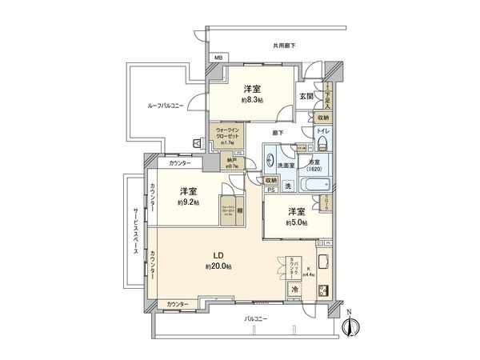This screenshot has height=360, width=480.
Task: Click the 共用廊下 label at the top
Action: [283, 46]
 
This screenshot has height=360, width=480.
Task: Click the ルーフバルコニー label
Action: [165, 105]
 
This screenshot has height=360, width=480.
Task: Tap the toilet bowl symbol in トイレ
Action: [322, 143]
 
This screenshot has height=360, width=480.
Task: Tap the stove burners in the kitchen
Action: [325, 290]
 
